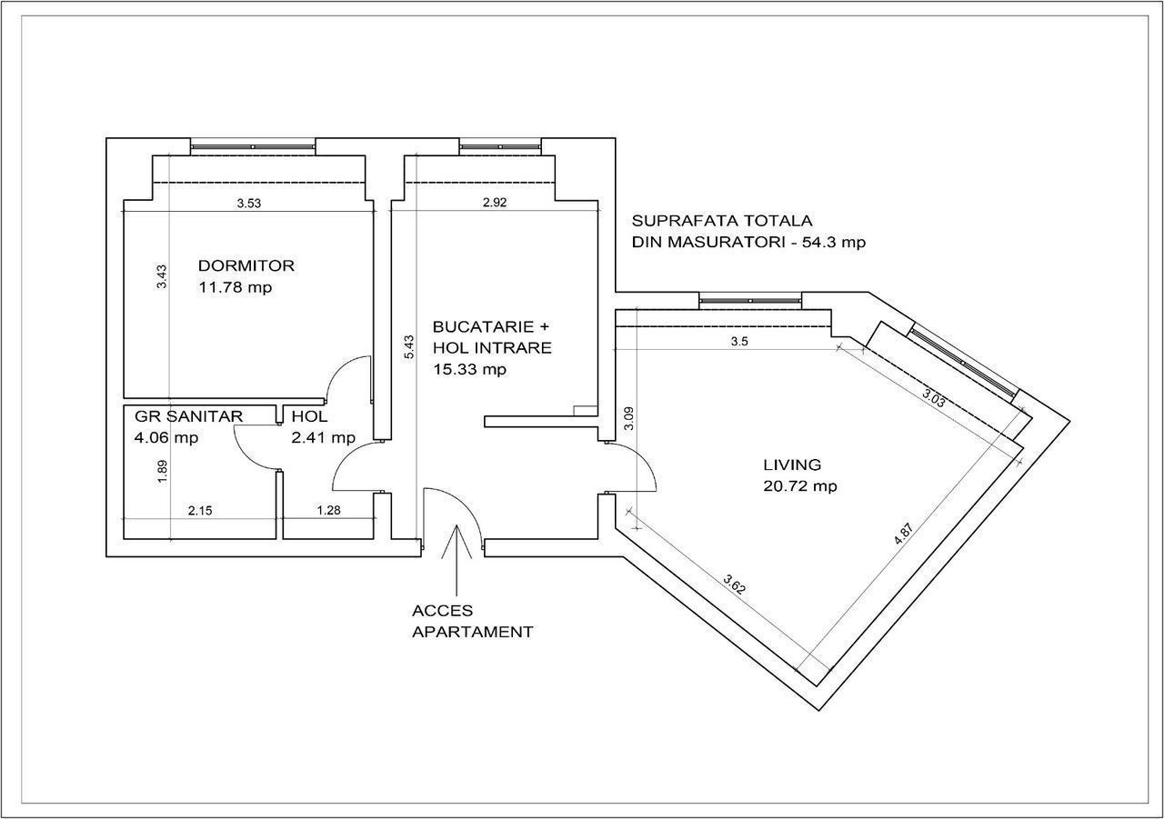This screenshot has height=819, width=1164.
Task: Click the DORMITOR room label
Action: click(x=246, y=266)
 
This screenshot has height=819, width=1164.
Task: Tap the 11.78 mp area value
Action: click(x=236, y=287)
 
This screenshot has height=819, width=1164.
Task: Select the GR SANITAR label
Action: click(x=188, y=416)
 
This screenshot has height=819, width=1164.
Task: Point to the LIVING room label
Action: click(x=792, y=464)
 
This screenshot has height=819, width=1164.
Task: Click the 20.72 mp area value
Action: click(x=800, y=486)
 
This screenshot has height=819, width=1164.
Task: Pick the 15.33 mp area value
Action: click(x=470, y=370)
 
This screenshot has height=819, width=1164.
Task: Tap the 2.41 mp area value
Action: click(x=323, y=438)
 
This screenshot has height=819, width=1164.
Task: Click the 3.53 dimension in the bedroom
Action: click(x=249, y=204)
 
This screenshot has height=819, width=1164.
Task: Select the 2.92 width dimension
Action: click(x=495, y=203)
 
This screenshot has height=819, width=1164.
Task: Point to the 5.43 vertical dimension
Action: click(x=409, y=347)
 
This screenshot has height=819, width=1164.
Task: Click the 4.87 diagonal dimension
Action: click(x=903, y=534)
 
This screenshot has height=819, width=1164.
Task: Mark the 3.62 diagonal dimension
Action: click(x=735, y=584)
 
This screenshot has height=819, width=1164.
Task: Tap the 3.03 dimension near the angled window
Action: click(x=933, y=398)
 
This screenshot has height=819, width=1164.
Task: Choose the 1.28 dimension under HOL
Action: click(x=329, y=511)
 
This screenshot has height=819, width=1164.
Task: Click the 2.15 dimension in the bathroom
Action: click(x=200, y=511)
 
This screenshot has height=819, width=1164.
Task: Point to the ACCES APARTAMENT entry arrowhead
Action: click(x=457, y=525)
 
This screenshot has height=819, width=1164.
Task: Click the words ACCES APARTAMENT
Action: click(x=472, y=622)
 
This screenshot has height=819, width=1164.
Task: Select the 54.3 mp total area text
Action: click(x=834, y=243)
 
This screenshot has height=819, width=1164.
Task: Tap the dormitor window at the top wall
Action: click(x=253, y=147)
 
